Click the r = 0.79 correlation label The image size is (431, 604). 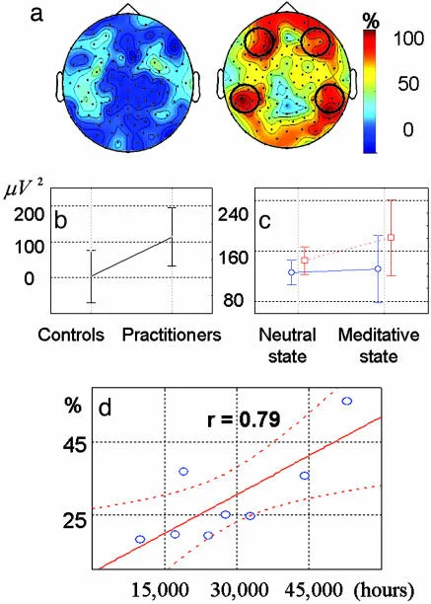pyautogui.click(x=244, y=419)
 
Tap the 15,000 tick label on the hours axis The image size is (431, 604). pyautogui.click(x=160, y=590)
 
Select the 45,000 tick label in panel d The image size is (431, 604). pyautogui.click(x=314, y=590)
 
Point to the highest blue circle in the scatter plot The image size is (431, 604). pyautogui.click(x=347, y=401)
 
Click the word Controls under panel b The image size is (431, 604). pyautogui.click(x=71, y=335)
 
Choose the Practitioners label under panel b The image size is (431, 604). pyautogui.click(x=172, y=335)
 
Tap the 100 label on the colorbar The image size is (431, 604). pyautogui.click(x=408, y=38)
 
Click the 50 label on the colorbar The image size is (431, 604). pyautogui.click(x=408, y=83)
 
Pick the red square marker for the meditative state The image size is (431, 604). pyautogui.click(x=391, y=237)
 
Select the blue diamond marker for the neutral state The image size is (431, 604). pyautogui.click(x=292, y=272)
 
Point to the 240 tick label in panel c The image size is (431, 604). pyautogui.click(x=233, y=214)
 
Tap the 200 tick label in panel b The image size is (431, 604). pyautogui.click(x=30, y=213)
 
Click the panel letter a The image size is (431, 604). pyautogui.click(x=36, y=15)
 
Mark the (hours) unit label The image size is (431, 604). pyautogui.click(x=385, y=590)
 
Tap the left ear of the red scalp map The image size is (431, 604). pyautogui.click(x=221, y=87)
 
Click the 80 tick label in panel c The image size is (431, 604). pyautogui.click(x=233, y=300)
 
